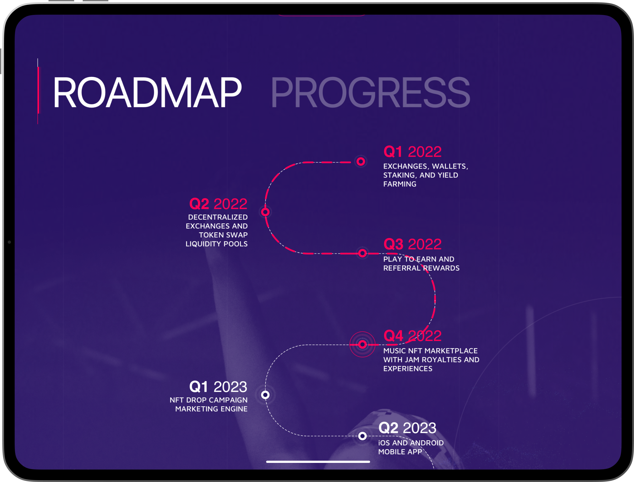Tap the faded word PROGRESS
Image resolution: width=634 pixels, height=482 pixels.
point(370,92)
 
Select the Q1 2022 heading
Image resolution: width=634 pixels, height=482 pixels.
point(413,152)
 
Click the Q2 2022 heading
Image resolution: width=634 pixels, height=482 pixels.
point(218,204)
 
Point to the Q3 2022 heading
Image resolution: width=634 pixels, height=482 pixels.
point(413,244)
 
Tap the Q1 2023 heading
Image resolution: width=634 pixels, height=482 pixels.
point(218,387)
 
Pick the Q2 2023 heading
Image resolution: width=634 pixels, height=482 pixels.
point(407,428)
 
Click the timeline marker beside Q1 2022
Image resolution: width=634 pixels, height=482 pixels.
point(361,161)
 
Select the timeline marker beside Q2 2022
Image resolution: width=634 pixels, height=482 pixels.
point(265,212)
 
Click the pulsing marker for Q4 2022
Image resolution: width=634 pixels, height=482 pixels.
point(363,345)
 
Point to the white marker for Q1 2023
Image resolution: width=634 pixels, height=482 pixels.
point(265,395)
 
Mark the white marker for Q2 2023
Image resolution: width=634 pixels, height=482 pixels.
point(363,436)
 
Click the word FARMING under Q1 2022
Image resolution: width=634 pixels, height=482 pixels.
point(400,184)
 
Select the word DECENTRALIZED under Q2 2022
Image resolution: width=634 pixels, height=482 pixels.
point(218,217)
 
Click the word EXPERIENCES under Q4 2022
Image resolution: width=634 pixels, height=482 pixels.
point(408,369)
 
